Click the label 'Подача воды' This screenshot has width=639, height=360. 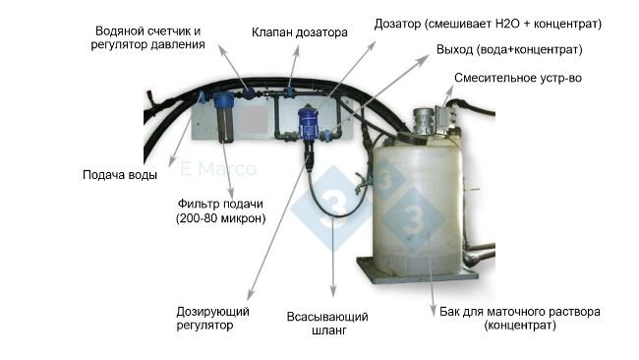coord(120,175)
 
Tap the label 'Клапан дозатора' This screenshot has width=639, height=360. coord(300,32)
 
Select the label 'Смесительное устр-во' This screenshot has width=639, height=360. coord(518,78)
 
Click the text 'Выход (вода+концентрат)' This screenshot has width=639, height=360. coord(509,50)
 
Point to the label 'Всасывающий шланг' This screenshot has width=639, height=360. coord(327,324)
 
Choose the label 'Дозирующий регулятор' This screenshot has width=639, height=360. coord(212,319)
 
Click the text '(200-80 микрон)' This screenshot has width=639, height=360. coord(221,218)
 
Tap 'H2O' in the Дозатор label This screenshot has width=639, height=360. coord(507,24)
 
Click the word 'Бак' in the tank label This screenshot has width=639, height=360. coord(449,312)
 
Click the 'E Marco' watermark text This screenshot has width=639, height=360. coord(218,169)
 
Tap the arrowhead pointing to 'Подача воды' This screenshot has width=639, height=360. coord(172,163)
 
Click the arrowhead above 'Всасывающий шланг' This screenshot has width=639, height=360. coord(333,292)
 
